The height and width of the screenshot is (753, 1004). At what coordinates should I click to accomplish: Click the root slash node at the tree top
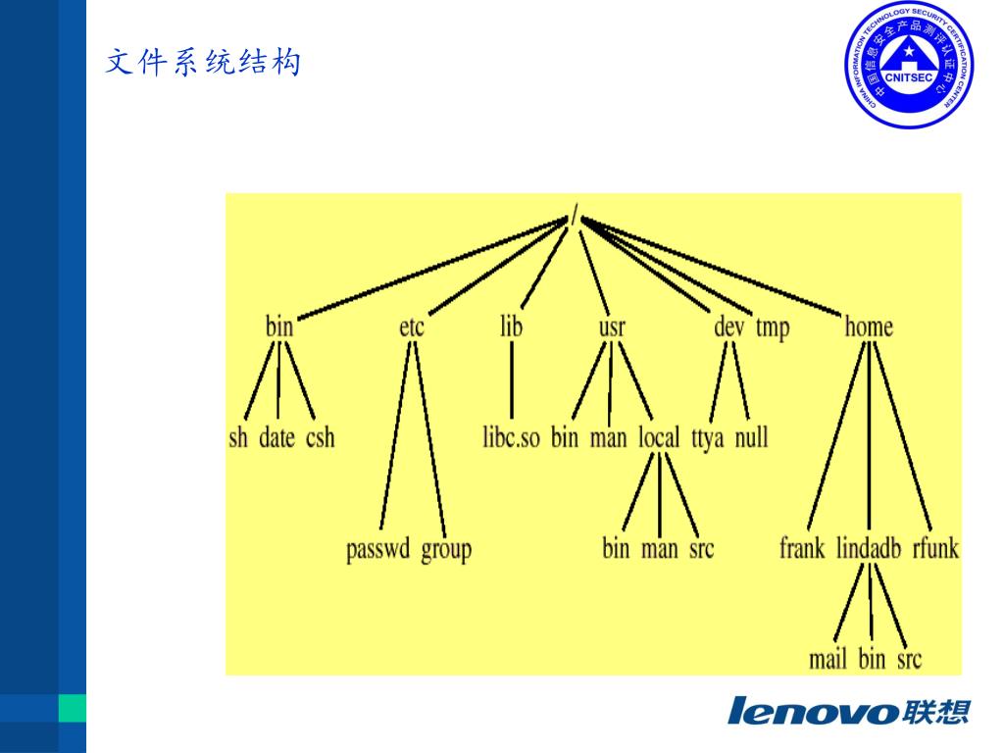pos(576,209)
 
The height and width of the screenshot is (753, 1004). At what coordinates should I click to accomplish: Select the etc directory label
pos(412,326)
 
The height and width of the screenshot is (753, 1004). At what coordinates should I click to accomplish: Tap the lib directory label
pos(511,326)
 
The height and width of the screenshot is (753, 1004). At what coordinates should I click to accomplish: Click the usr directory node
pos(612,326)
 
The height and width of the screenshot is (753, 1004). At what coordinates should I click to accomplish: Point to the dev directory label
pos(728,326)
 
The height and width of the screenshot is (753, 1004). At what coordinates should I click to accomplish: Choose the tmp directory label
pos(772,327)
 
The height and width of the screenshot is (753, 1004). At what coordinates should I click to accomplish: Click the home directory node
pos(869,326)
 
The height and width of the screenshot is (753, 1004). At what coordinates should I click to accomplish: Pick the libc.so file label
pos(511,437)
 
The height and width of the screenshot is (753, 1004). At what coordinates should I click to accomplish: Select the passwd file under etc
pos(377,549)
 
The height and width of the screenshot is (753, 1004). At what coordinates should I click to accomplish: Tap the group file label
pos(446,549)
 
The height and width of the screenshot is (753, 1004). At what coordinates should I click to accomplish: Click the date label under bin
pos(276,437)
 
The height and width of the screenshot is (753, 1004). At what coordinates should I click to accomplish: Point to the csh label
pos(321,437)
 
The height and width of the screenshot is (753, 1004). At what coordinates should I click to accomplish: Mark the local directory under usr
pos(659,437)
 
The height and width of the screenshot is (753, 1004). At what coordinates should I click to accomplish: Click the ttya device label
pos(707,437)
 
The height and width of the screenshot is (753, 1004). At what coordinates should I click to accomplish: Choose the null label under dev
pos(751,437)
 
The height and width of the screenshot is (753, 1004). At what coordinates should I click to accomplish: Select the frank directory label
pos(802,548)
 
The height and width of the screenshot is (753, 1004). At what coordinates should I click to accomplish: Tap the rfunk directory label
pos(935,548)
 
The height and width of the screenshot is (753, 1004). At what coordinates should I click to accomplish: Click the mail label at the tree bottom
pos(828,659)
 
